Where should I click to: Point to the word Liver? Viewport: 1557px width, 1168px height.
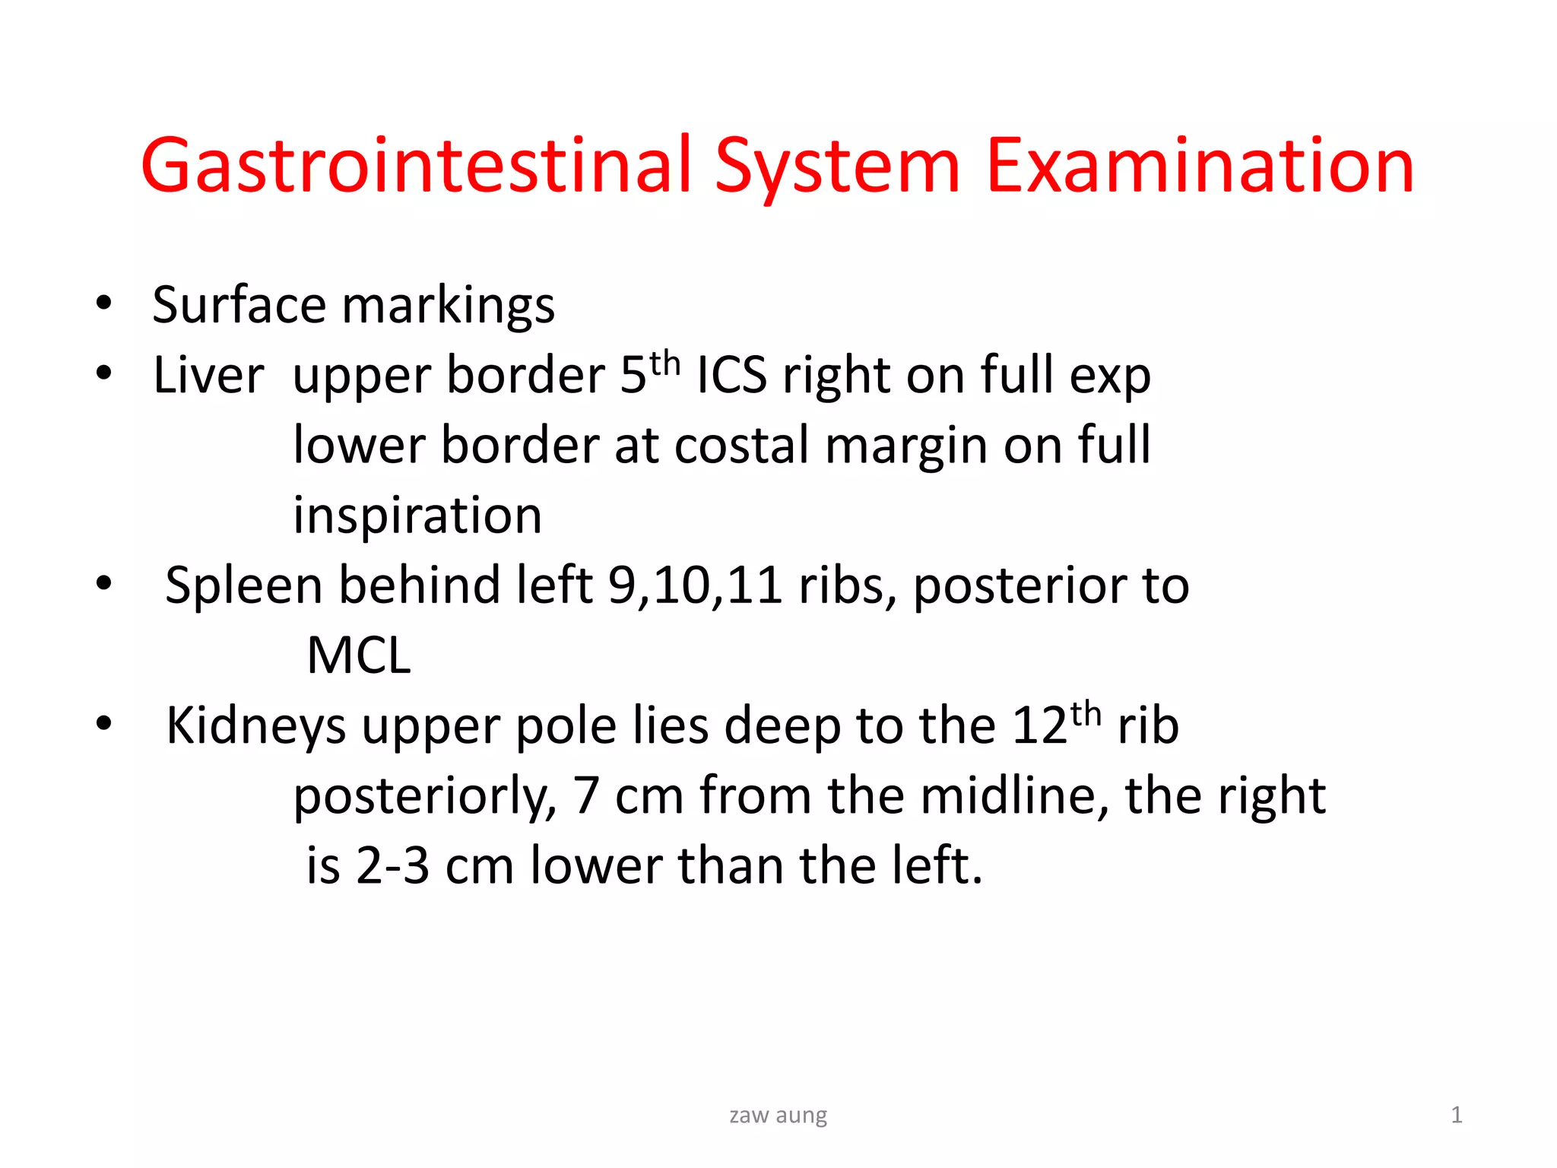[x=208, y=376]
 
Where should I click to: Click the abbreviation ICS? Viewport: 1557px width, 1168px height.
[x=731, y=376]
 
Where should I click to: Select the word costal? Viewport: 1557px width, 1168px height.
[x=741, y=446]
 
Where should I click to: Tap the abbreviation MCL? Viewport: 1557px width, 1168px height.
[x=359, y=656]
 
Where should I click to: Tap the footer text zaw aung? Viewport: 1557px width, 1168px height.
[x=778, y=1116]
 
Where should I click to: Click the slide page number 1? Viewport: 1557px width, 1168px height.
[x=1456, y=1116]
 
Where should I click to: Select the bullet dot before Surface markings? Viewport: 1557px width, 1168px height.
[x=104, y=304]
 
